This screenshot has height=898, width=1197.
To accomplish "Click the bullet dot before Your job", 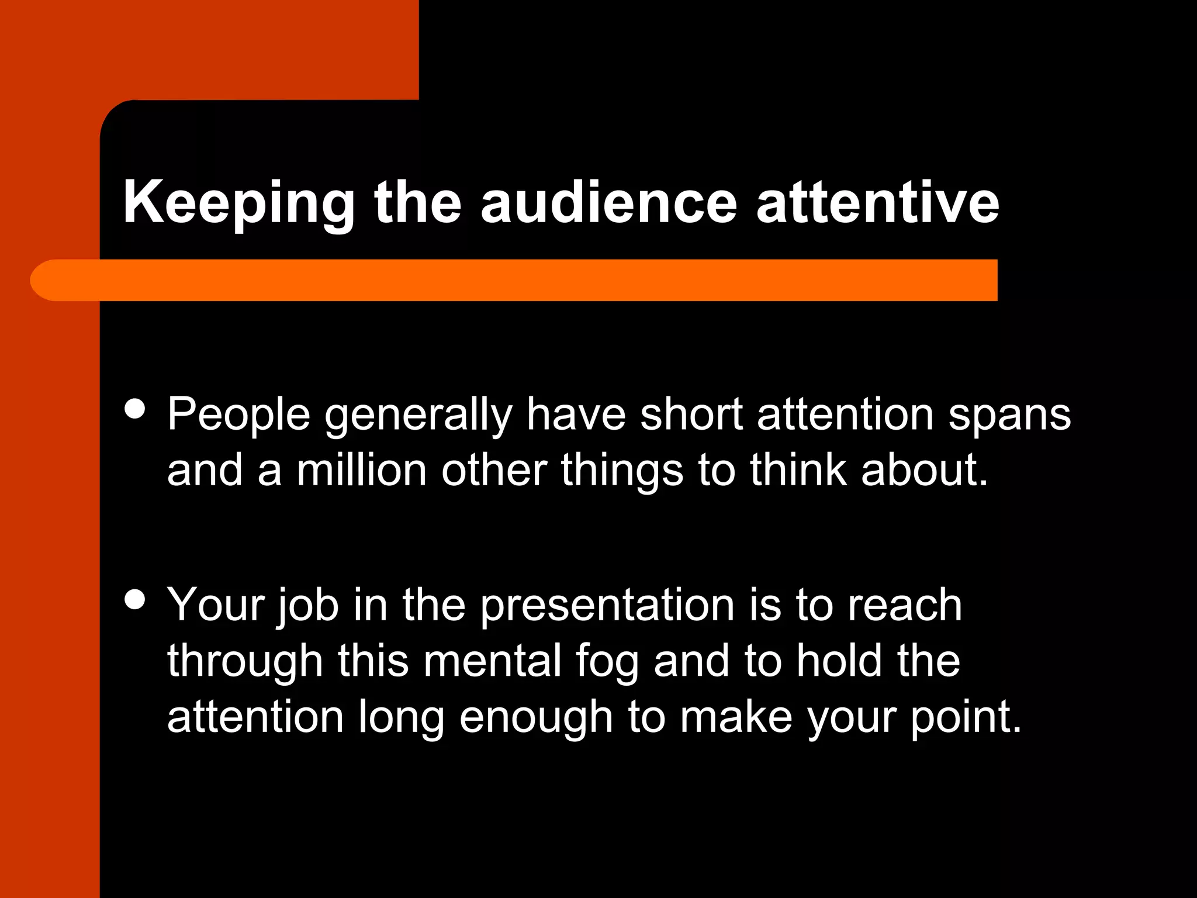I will pos(135,600).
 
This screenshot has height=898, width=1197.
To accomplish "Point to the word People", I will pos(238,414).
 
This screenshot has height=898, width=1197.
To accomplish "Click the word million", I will pos(362,470).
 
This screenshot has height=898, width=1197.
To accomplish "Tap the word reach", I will pos(905,605).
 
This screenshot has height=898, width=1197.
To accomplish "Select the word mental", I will pos(492,661).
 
